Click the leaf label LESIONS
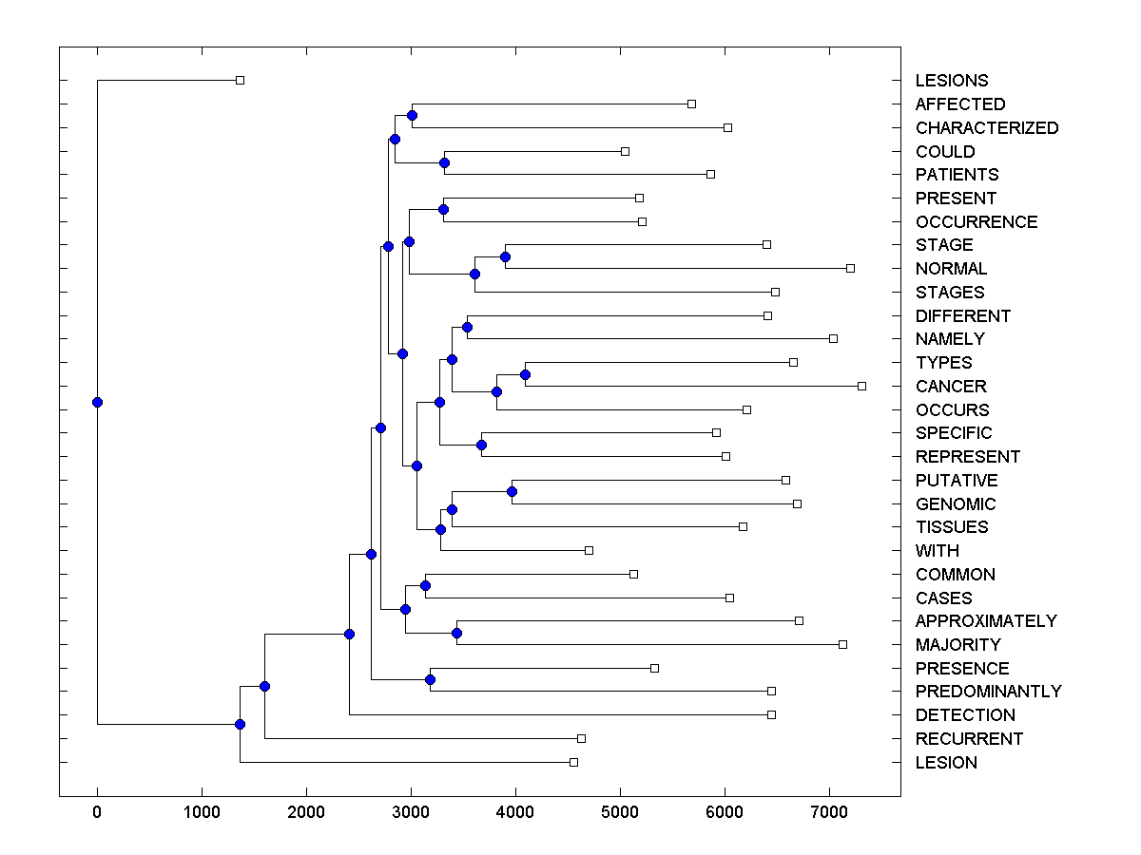[x=951, y=81]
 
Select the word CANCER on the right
[x=951, y=387]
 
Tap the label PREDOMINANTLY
[x=988, y=692]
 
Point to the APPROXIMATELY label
[x=986, y=621]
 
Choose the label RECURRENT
[x=969, y=739]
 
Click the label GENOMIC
[x=956, y=504]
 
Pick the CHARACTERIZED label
[x=986, y=128]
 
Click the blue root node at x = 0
[x=97, y=402]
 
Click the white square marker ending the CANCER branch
[x=861, y=386]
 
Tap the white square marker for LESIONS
[x=240, y=80]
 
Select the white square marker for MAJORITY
[x=842, y=644]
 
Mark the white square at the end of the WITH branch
[x=589, y=550]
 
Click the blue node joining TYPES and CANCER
[x=525, y=374]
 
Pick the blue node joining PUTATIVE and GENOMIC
[x=512, y=491]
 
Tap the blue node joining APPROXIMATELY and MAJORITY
[x=456, y=633]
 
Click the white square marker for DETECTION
[x=771, y=714]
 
